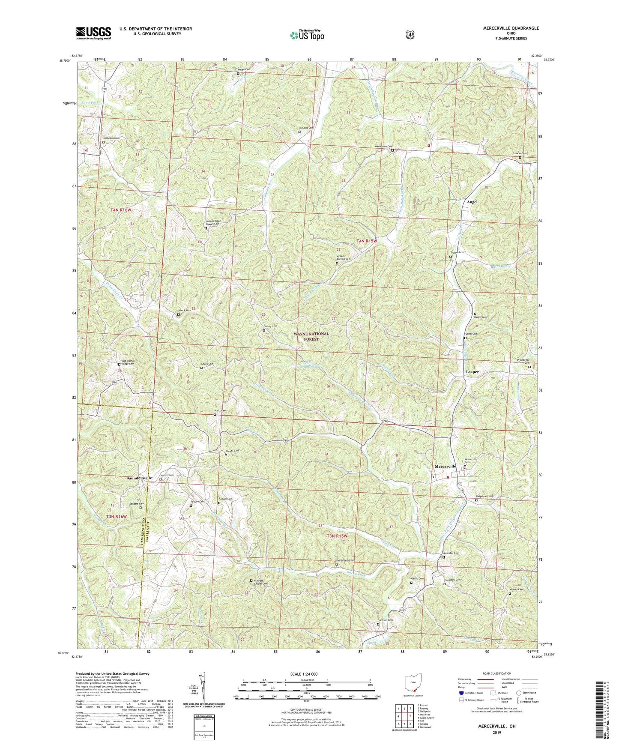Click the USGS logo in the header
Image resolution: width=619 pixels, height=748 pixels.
[x=93, y=33]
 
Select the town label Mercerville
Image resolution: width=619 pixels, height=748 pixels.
[x=446, y=466]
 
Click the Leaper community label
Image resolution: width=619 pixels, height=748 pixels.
[x=472, y=372]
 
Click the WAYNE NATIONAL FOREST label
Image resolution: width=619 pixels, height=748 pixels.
[x=311, y=336]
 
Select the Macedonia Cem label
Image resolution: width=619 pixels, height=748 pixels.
[x=384, y=147]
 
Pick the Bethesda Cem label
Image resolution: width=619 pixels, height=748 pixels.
[x=111, y=138]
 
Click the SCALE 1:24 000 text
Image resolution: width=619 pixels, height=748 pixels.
[x=306, y=674]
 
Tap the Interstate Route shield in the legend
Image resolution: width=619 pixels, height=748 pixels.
[x=461, y=693]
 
